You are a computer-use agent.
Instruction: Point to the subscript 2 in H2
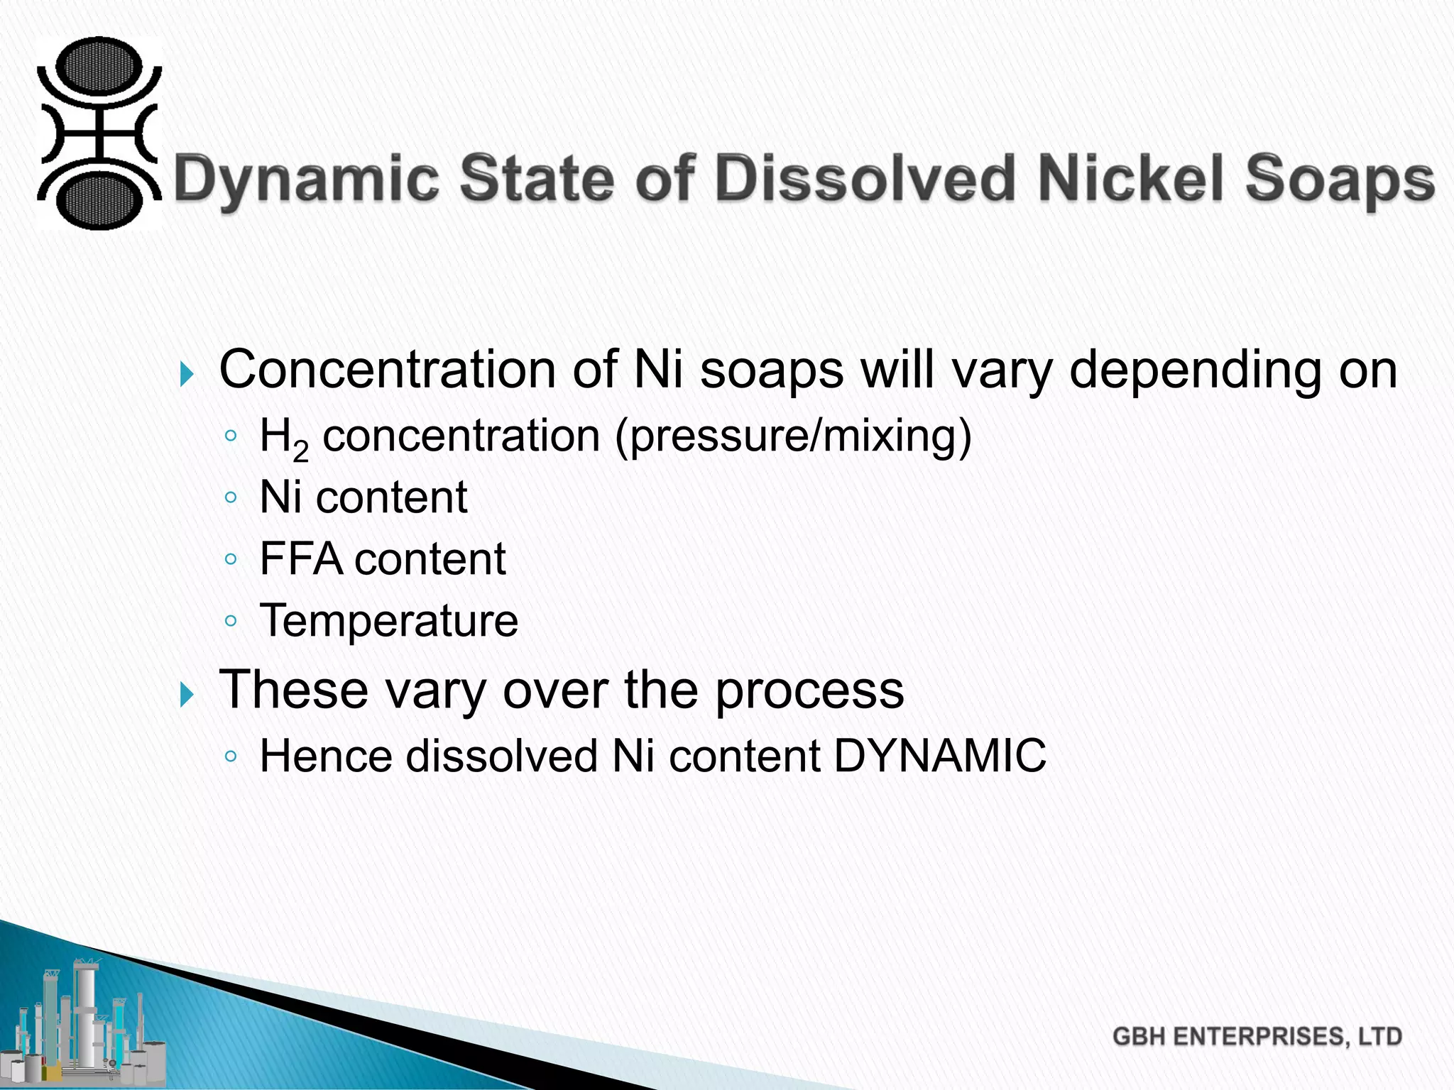coord(301,451)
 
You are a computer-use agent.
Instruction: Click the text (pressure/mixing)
coord(793,435)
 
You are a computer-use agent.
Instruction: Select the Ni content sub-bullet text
coord(363,497)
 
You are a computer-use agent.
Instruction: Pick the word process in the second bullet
coord(809,690)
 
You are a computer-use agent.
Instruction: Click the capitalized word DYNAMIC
coord(939,756)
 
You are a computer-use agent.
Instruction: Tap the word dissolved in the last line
coord(501,756)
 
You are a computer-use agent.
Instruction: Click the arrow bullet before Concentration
coord(187,373)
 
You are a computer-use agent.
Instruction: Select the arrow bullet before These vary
coord(187,693)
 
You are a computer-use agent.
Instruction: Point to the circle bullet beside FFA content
coord(230,559)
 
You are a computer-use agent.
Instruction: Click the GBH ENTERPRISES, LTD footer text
coord(1257,1037)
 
